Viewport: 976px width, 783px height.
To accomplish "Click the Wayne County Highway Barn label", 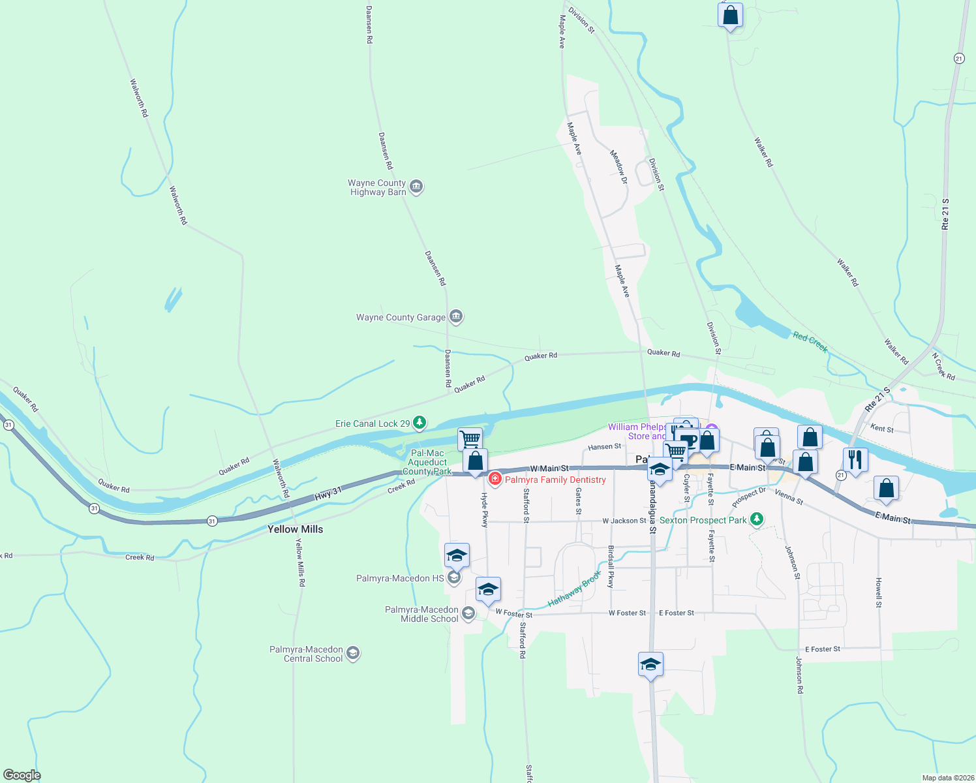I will tap(377, 188).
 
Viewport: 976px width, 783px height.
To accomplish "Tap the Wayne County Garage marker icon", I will tap(456, 317).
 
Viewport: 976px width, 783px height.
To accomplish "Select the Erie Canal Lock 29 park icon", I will tap(419, 423).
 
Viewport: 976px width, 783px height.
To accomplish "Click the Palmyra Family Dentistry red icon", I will tap(495, 480).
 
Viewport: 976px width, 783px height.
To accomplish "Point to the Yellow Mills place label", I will tap(295, 529).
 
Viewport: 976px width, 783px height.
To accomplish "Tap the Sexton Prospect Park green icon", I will tap(756, 520).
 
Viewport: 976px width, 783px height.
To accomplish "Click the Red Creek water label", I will tap(810, 342).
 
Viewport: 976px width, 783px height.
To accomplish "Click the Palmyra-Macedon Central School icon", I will tap(353, 653).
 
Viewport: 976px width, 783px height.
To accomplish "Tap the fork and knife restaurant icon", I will tap(855, 459).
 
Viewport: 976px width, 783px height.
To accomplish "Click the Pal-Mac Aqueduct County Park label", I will tap(427, 462).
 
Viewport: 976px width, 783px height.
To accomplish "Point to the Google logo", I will tap(22, 775).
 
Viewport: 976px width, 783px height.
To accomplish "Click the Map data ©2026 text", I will tap(946, 778).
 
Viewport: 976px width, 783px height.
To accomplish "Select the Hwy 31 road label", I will tap(328, 494).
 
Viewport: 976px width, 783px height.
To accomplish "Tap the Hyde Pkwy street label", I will tap(485, 510).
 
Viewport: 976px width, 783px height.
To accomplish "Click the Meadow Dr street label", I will tap(618, 167).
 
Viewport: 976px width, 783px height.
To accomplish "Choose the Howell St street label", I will tap(879, 592).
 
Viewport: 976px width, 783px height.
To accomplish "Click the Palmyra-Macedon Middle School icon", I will tap(468, 613).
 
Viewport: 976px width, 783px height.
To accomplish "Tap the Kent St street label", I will tap(882, 428).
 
